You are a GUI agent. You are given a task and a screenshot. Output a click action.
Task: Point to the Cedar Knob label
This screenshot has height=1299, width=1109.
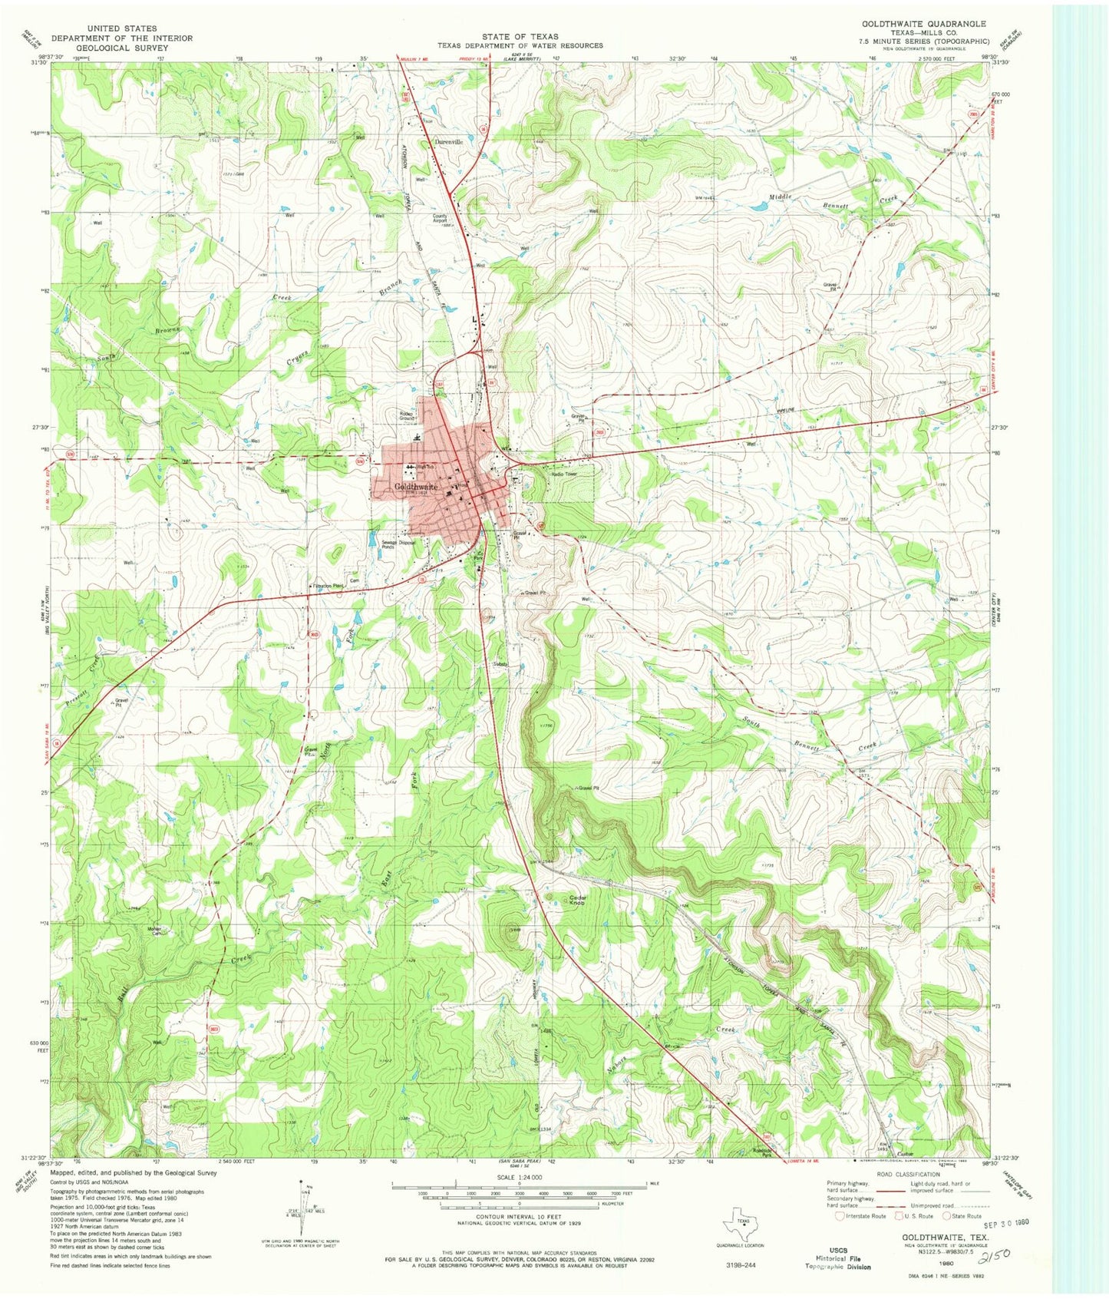pos(578,900)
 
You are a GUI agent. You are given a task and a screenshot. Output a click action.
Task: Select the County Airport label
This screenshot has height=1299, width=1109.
pos(440,218)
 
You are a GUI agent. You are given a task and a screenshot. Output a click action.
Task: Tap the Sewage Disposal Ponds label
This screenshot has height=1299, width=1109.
pos(398,544)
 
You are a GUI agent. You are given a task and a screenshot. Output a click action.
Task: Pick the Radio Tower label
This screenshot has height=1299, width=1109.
pos(564,474)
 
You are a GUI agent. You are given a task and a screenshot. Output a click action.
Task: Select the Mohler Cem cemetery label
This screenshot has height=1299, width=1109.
pos(157,931)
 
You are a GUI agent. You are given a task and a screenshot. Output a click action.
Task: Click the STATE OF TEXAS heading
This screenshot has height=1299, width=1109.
pos(520,36)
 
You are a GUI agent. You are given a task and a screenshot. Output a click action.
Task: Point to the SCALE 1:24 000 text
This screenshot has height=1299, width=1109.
pos(520,1177)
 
